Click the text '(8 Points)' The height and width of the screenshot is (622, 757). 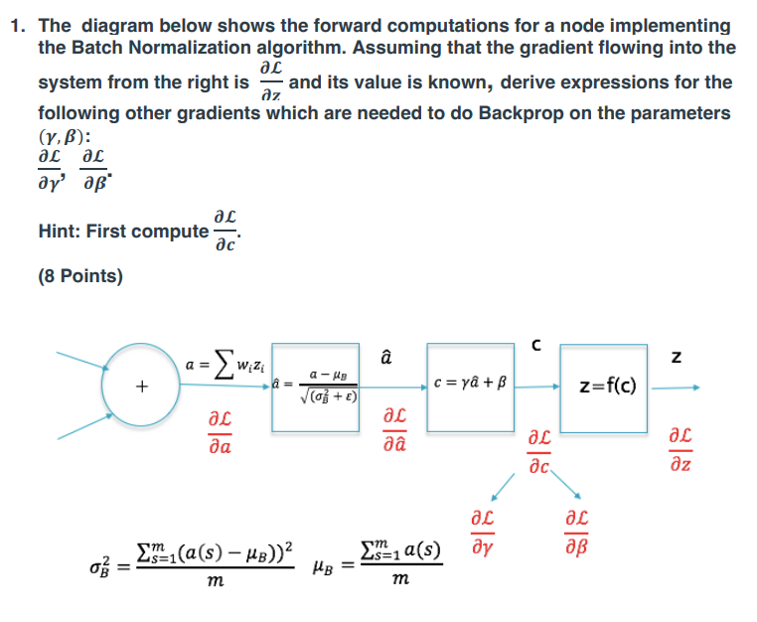click(80, 275)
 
